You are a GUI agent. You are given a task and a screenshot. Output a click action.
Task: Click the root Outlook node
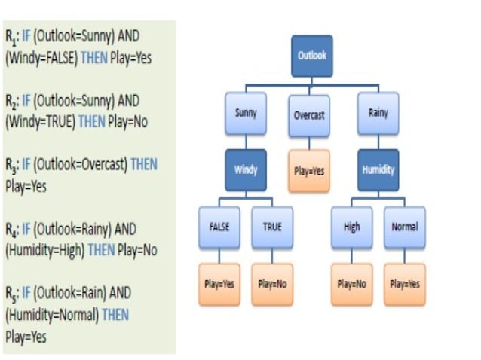(x=312, y=56)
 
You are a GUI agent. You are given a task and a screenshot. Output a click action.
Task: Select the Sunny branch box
(x=246, y=114)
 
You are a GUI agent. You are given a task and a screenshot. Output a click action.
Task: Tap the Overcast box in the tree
(x=308, y=115)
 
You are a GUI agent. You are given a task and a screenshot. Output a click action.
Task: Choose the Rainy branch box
(x=378, y=114)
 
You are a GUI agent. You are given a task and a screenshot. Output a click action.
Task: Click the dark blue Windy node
(x=246, y=170)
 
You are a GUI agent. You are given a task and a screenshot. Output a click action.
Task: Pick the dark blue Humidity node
(x=378, y=170)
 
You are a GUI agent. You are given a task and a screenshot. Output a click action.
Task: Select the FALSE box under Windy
(x=219, y=227)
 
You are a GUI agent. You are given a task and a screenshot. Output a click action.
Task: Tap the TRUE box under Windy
(x=272, y=227)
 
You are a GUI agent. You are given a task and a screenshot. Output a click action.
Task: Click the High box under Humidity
(x=351, y=227)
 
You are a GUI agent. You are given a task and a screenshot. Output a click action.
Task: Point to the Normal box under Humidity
(x=404, y=227)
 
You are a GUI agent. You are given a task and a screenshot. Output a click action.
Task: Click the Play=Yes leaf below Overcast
(x=308, y=170)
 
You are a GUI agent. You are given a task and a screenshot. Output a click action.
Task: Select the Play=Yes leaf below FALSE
(x=219, y=284)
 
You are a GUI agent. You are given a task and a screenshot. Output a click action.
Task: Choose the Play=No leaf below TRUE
(x=272, y=284)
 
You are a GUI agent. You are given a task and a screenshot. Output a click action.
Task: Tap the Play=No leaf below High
(x=351, y=284)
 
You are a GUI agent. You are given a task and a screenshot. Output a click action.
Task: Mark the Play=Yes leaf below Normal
(x=404, y=284)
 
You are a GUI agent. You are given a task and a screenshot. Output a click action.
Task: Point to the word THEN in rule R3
(x=144, y=165)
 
